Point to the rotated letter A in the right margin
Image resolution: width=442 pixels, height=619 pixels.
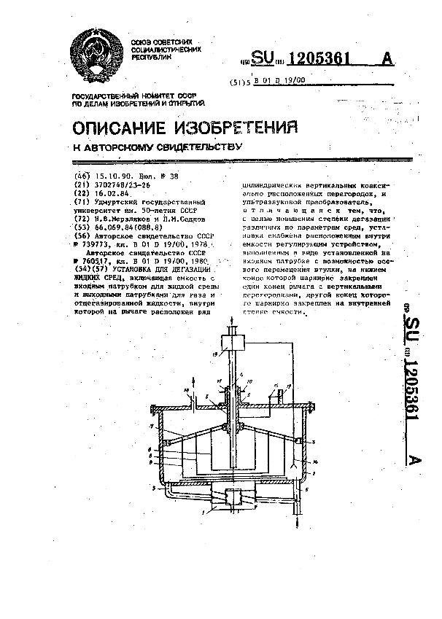[413, 460]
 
